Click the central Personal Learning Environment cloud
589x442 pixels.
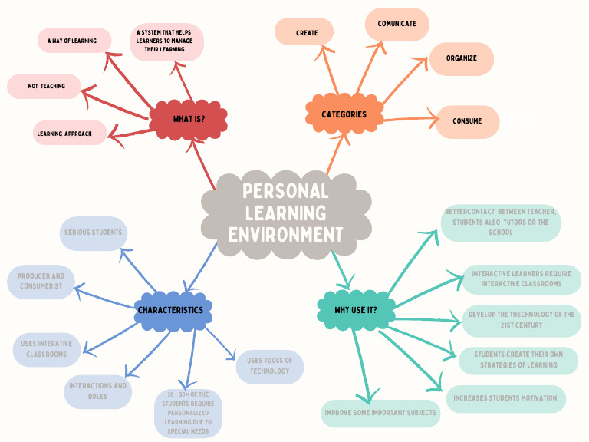tap(285, 213)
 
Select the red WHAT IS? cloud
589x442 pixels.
tap(189, 119)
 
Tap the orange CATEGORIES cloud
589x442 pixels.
tap(344, 114)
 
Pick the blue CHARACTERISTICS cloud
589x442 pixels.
tap(170, 310)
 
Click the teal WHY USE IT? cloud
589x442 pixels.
tap(355, 310)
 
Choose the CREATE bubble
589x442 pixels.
tap(304, 33)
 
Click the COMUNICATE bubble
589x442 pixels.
tap(397, 24)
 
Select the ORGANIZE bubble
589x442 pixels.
tap(461, 58)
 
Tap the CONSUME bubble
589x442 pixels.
tap(467, 121)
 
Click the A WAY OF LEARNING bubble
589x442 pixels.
tap(74, 41)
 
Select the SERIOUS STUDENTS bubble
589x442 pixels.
tap(93, 233)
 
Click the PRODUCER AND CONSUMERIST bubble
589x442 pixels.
tap(41, 281)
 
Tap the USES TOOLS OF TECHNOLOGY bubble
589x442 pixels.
tap(270, 366)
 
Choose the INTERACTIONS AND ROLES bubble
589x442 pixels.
tap(98, 391)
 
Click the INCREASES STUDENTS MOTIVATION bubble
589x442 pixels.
tap(506, 398)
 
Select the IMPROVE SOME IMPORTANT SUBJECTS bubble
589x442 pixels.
tap(380, 413)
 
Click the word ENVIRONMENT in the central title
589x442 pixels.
tap(285, 235)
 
